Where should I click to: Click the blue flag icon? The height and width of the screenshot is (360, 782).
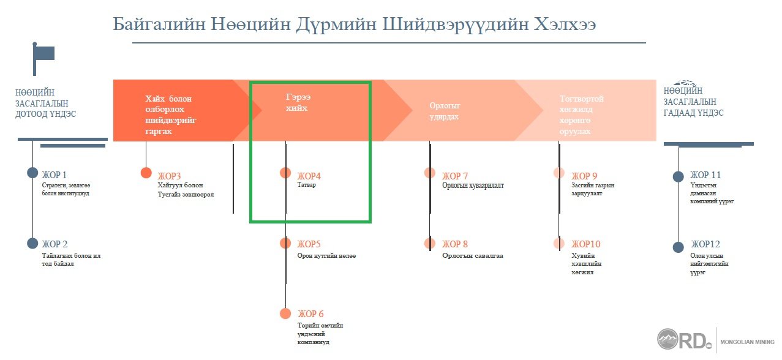tap(43, 59)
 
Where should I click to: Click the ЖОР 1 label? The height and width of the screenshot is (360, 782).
tap(54, 174)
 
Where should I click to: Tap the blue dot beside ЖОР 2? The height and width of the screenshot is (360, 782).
tap(32, 244)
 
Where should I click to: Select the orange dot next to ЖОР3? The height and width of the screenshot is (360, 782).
tap(146, 173)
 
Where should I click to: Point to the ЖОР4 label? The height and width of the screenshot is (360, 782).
tap(309, 176)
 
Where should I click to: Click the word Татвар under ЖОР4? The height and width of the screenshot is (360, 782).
tap(307, 185)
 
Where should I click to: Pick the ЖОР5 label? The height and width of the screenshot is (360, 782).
tap(309, 244)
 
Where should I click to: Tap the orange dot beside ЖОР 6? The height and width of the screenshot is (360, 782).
tap(285, 313)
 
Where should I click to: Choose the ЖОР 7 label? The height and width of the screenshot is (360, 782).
tap(455, 176)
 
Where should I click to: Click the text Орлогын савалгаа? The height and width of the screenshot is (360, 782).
tap(473, 255)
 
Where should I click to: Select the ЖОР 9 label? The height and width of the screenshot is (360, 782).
tap(584, 176)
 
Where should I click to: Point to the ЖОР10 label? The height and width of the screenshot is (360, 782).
tap(586, 244)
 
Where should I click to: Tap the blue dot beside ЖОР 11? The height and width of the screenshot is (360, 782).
tap(679, 176)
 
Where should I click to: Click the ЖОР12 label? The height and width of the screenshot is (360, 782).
tap(705, 244)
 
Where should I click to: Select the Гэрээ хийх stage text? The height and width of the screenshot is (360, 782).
tap(298, 102)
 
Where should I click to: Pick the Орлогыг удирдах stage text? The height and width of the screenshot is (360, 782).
tap(445, 111)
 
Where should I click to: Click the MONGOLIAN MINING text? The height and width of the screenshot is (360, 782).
tap(748, 342)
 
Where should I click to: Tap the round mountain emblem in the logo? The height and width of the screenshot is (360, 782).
tap(667, 339)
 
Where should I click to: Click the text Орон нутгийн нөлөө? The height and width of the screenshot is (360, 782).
tap(326, 255)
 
